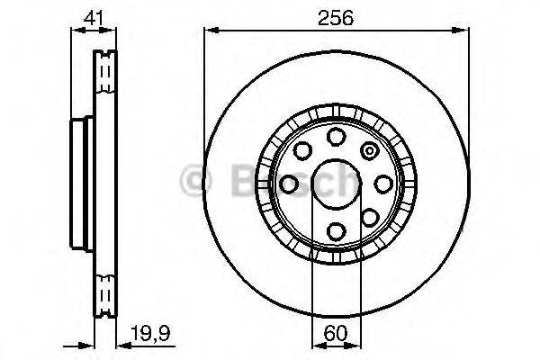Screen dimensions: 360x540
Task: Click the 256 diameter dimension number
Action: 336,17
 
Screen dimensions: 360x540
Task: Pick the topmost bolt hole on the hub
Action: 336,136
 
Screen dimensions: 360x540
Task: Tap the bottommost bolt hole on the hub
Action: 336,230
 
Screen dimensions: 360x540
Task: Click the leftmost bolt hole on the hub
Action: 289,184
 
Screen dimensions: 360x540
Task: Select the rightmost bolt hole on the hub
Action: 383,183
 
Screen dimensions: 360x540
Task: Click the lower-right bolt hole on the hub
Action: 369,216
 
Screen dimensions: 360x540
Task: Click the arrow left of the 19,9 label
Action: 112,343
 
